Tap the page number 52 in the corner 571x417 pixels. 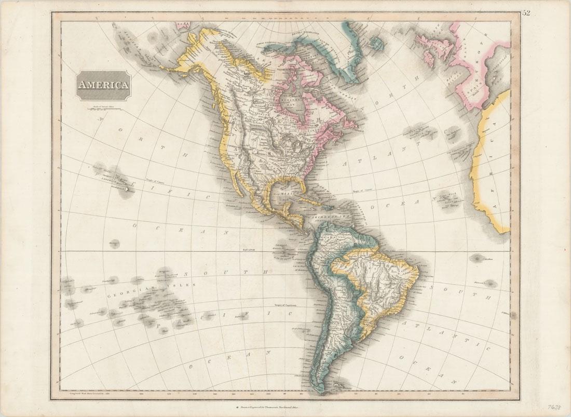tap(526, 13)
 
